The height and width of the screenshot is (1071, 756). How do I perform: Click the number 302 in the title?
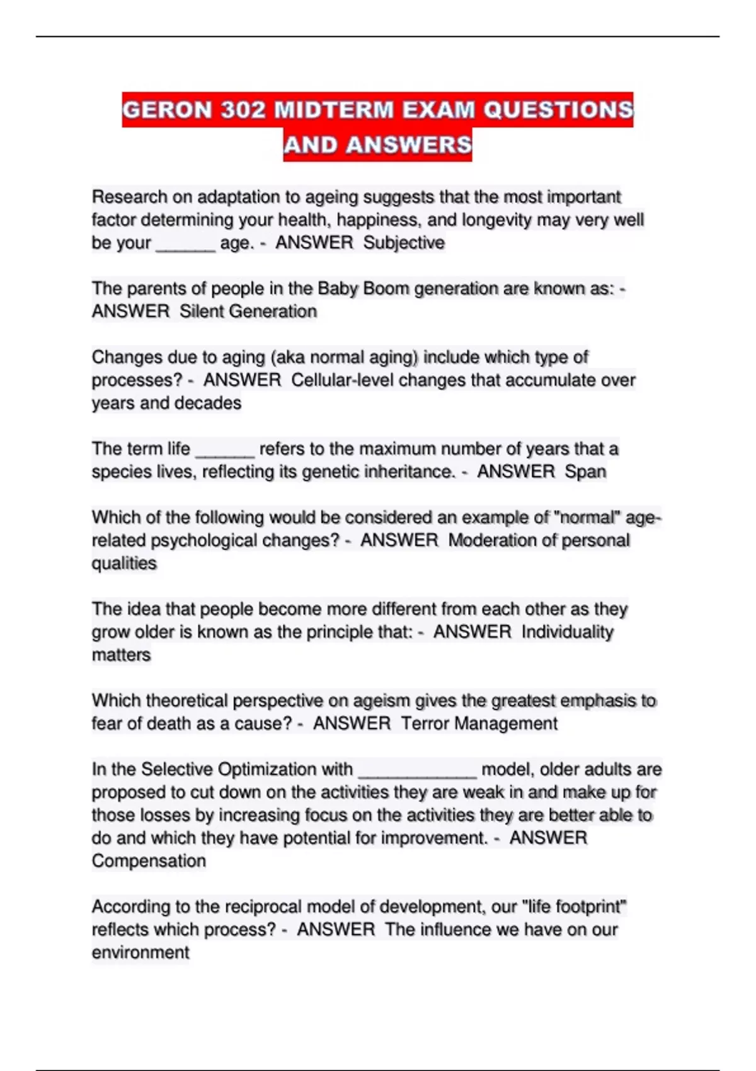[x=243, y=110]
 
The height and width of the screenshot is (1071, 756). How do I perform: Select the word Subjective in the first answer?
[x=404, y=243]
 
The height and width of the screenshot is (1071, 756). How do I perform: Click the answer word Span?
[x=585, y=472]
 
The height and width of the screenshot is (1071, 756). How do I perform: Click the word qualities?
[x=124, y=563]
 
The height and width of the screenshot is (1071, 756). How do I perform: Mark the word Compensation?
[x=149, y=861]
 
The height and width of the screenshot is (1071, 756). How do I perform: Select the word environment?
[x=140, y=953]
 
